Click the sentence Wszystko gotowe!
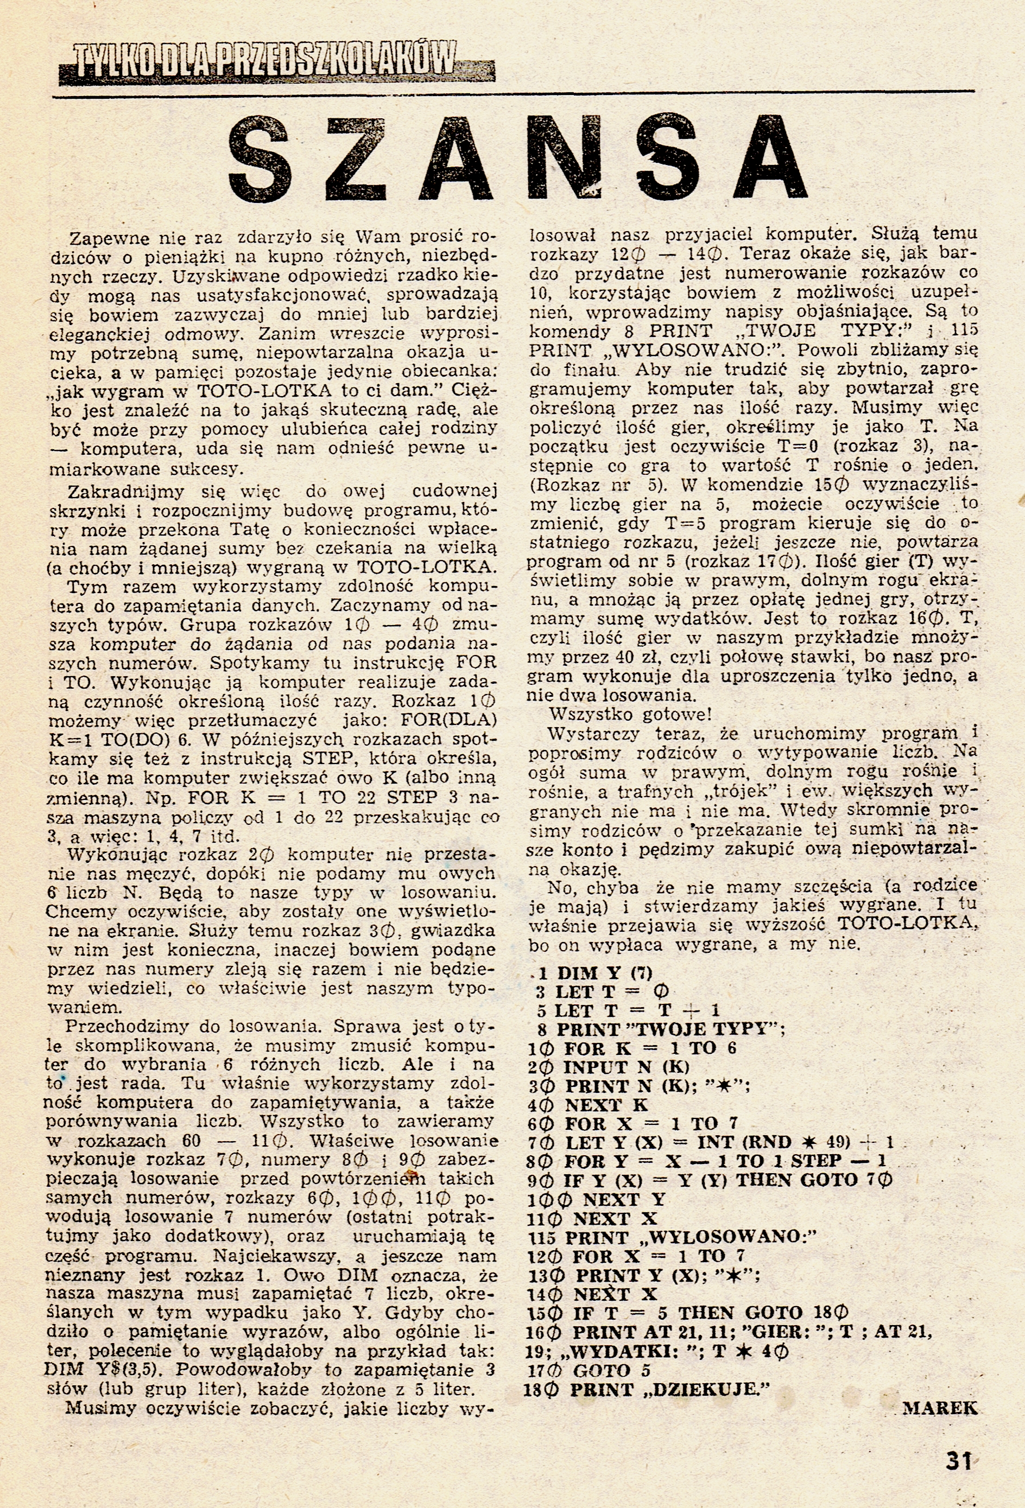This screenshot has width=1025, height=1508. (x=630, y=715)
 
